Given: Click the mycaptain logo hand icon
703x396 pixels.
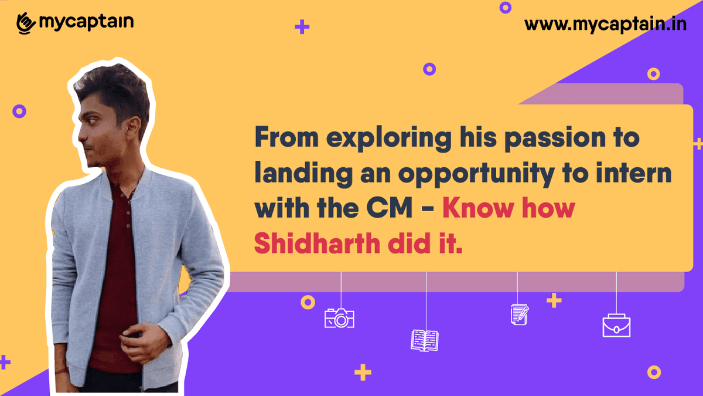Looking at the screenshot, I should pyautogui.click(x=26, y=23).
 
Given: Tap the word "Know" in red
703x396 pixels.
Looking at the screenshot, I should pyautogui.click(x=475, y=209).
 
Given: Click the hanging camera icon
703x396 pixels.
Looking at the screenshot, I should pyautogui.click(x=339, y=318).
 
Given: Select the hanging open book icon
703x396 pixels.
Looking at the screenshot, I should pyautogui.click(x=425, y=340).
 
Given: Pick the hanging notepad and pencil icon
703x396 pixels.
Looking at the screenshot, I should pyautogui.click(x=519, y=314).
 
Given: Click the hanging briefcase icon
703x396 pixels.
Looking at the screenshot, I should pyautogui.click(x=616, y=326).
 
